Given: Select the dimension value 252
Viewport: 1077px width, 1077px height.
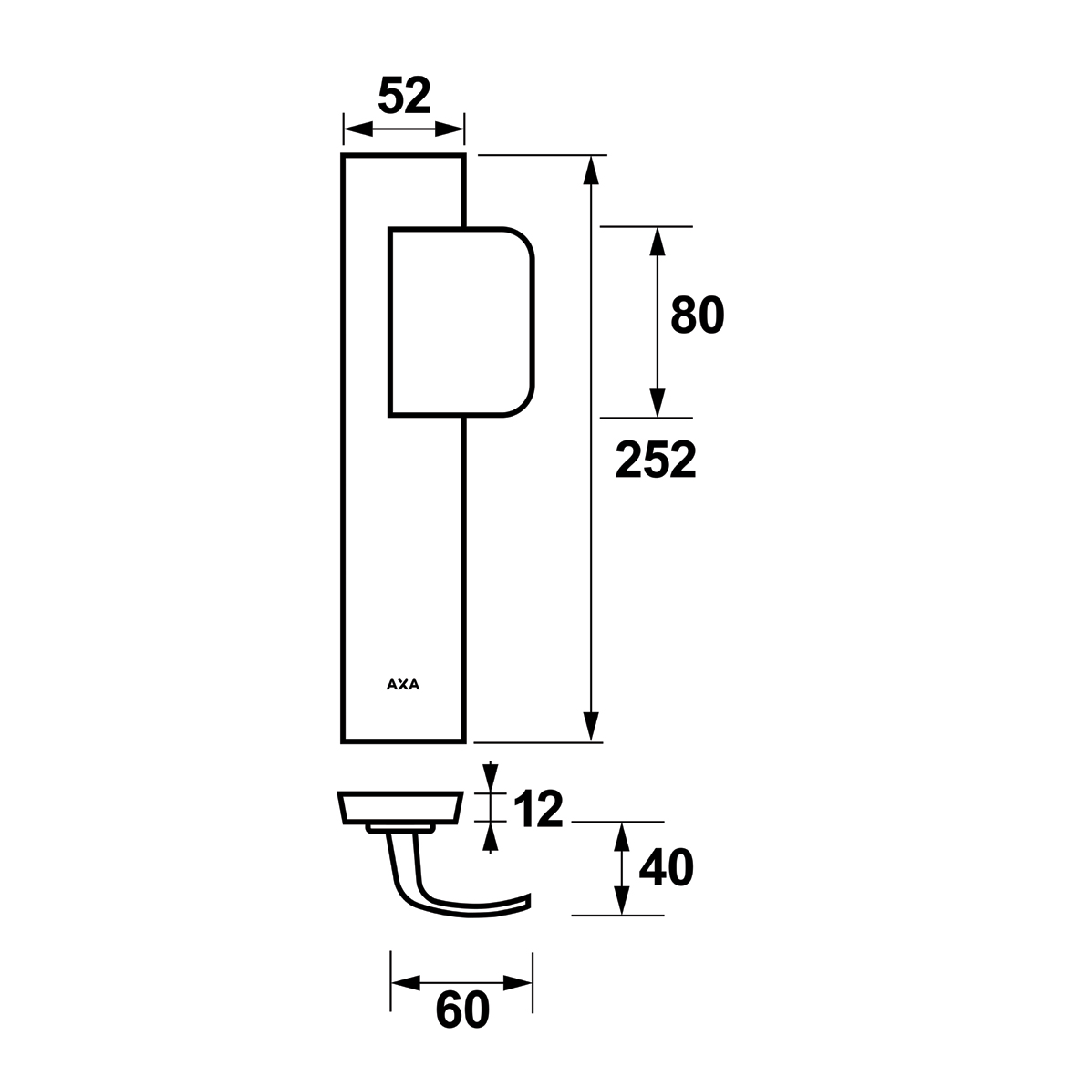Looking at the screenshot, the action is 656,460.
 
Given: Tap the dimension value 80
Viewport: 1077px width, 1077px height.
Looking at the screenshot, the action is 697,316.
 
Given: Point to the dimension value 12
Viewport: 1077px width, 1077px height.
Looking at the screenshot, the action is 538,809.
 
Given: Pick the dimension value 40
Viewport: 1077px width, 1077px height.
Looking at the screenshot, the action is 667,867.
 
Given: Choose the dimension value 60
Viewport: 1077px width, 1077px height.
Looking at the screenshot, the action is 463,1010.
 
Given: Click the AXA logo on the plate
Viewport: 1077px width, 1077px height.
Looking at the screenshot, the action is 403,684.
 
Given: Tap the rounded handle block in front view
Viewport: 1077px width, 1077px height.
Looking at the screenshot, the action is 461,321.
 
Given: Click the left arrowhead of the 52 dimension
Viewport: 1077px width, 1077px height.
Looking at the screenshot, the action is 357,129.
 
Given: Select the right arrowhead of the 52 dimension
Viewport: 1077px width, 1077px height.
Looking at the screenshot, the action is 450,129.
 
